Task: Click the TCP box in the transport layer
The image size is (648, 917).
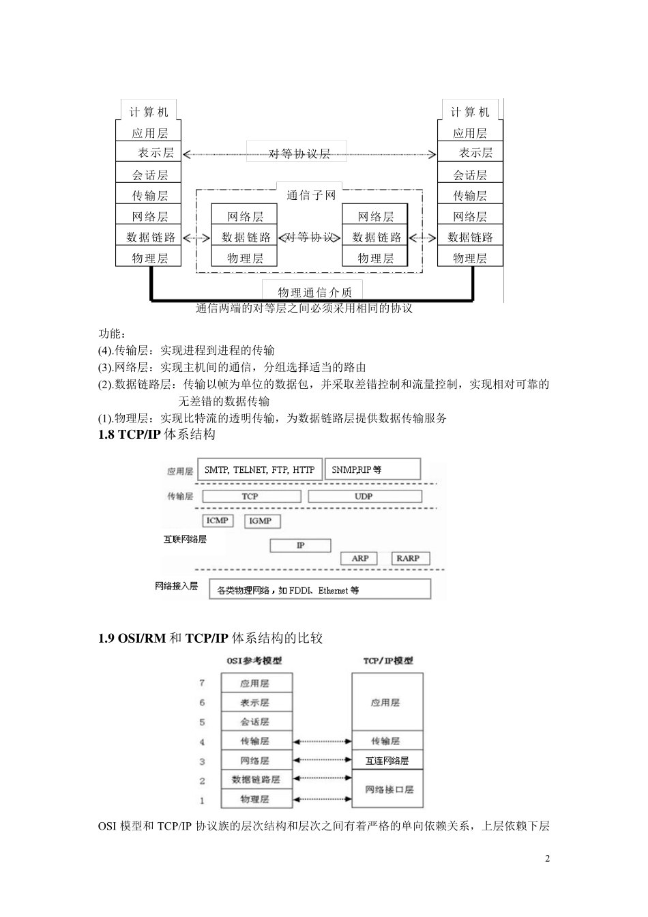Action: [251, 496]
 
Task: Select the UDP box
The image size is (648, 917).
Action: [364, 496]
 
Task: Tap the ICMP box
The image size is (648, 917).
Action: [218, 521]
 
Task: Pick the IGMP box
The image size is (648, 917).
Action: [260, 521]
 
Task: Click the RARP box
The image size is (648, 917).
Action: [408, 558]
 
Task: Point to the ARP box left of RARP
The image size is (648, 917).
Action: [360, 558]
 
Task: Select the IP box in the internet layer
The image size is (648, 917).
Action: [300, 545]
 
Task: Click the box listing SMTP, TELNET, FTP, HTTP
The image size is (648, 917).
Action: [260, 469]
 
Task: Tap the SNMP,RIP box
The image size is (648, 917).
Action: [372, 469]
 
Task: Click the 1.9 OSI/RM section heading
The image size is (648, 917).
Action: [210, 638]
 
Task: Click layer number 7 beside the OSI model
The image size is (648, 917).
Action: [202, 683]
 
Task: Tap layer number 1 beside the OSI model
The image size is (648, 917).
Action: [202, 800]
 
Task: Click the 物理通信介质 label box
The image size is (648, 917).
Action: [312, 291]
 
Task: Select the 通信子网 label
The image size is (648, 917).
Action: [311, 195]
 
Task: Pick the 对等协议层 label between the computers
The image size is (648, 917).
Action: [299, 154]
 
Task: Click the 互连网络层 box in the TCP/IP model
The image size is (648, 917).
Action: [387, 761]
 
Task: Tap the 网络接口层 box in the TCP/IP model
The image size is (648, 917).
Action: [388, 789]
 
